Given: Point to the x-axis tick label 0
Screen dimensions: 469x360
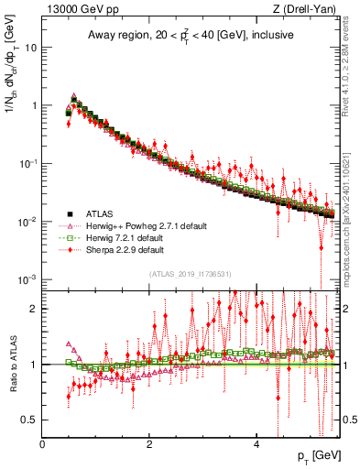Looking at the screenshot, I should [x=43, y=444].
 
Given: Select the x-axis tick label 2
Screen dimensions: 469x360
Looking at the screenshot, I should [x=150, y=444].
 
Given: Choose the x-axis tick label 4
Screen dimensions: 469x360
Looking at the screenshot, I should [x=257, y=444].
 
